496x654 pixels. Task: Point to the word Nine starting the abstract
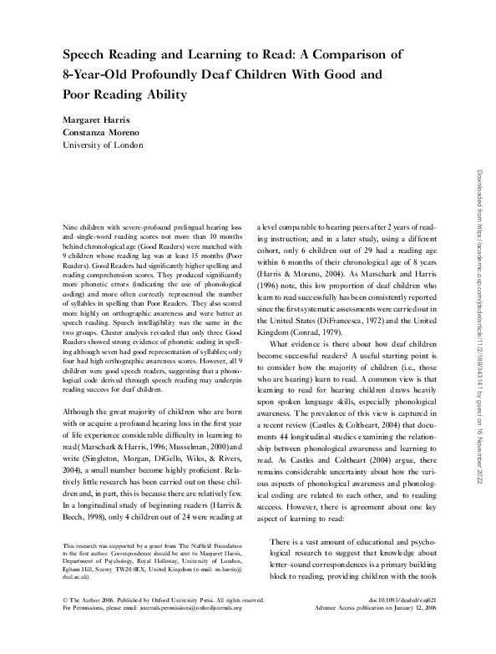tap(73, 226)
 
